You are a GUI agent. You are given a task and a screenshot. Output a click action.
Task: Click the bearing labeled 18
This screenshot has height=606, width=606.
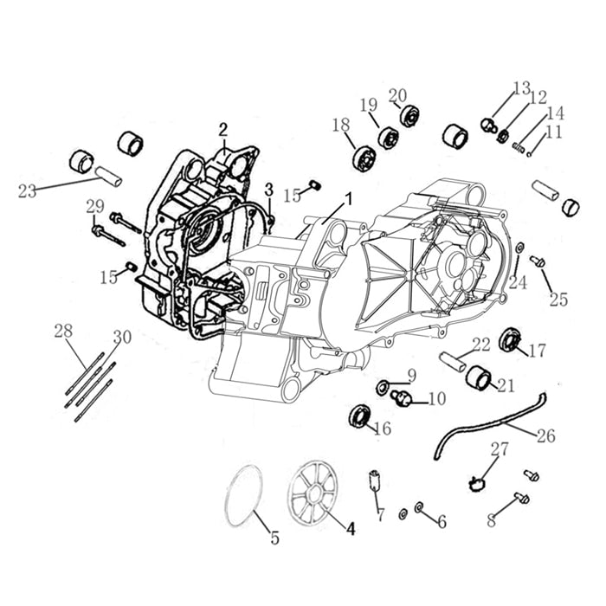(x=364, y=158)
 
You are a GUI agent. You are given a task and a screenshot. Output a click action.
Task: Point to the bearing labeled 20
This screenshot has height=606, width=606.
(x=409, y=115)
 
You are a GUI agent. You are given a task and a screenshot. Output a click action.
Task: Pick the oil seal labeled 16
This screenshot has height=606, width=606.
(x=359, y=416)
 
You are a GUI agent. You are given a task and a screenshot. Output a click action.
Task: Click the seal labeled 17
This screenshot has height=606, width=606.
(x=513, y=339)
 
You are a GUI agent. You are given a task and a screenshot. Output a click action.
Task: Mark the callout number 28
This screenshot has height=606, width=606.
(x=64, y=331)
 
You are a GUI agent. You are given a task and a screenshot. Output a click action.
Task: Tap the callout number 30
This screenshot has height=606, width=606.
(x=122, y=337)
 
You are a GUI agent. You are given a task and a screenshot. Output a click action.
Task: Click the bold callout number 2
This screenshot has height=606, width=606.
(x=222, y=130)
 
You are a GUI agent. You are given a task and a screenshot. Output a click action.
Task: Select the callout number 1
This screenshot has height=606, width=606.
(x=348, y=198)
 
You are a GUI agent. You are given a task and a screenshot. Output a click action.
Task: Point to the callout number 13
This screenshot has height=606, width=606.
(x=520, y=87)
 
